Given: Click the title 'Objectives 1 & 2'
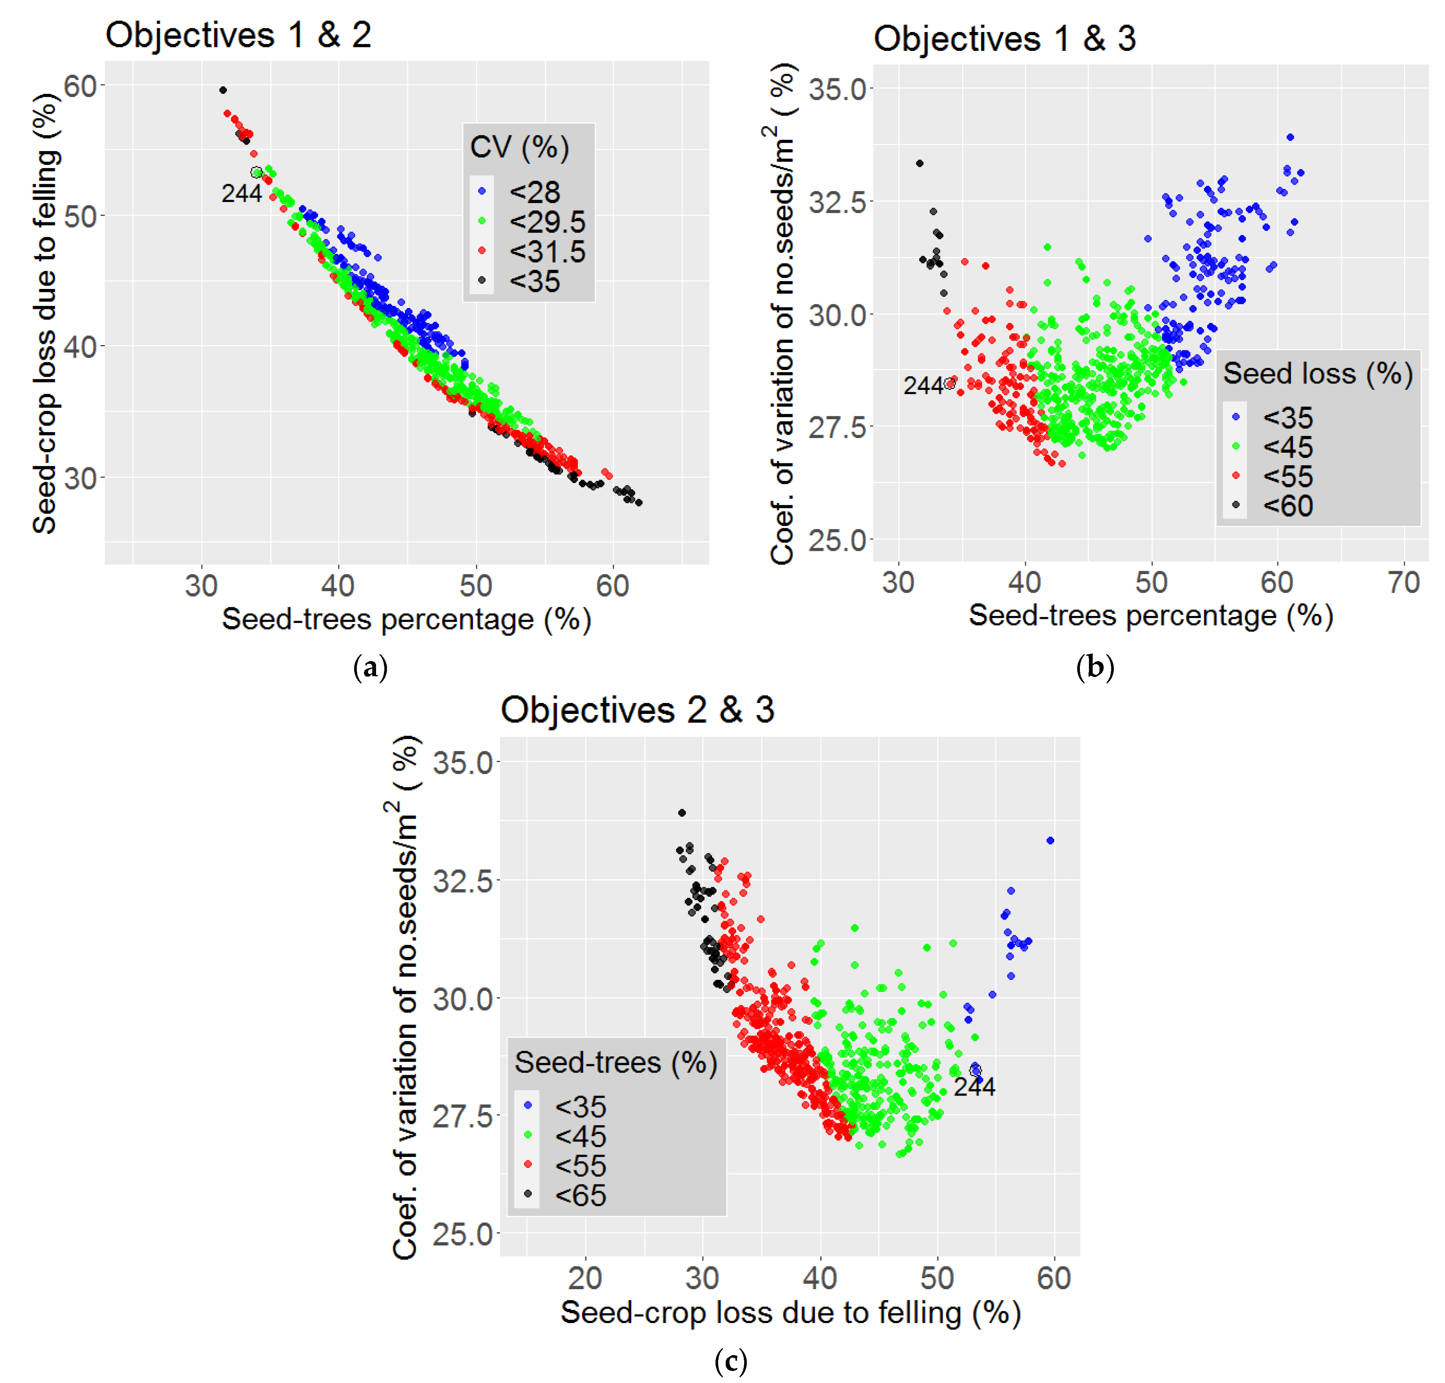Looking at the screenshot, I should coord(238,35).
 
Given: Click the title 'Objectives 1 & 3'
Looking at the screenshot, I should coord(1004,39).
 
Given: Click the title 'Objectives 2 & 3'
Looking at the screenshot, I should coord(637,710).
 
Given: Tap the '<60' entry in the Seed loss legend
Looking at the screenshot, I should coord(1288,506).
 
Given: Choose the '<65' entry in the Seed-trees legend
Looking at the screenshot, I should coord(580,1196).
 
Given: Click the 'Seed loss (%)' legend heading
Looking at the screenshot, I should coord(1318,374).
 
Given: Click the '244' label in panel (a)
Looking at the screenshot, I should coord(241,194).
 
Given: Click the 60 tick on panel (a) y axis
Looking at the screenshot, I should coord(80,86).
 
